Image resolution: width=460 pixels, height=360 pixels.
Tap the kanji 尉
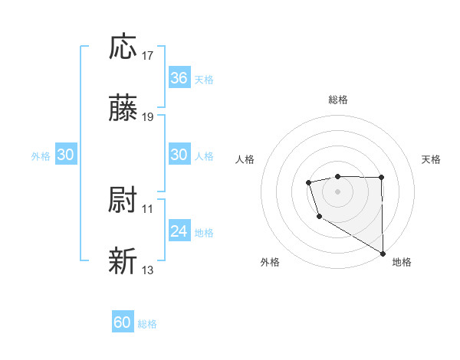(x=123, y=201)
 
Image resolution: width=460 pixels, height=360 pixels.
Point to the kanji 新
(x=123, y=261)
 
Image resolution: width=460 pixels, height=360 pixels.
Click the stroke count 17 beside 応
(x=148, y=56)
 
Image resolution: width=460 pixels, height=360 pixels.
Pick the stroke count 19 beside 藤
(x=148, y=117)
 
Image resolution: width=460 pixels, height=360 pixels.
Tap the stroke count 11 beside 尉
(x=148, y=208)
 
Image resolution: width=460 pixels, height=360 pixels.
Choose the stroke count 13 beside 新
(x=148, y=270)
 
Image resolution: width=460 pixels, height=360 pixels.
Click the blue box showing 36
(x=179, y=78)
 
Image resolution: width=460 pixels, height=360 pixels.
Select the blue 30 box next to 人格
(x=179, y=155)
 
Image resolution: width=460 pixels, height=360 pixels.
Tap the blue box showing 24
(x=179, y=231)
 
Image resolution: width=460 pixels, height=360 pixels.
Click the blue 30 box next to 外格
(x=66, y=155)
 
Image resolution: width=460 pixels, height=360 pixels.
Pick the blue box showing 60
(x=123, y=322)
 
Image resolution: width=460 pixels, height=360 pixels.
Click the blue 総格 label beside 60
(x=147, y=324)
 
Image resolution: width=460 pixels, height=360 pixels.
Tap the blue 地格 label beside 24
(x=204, y=232)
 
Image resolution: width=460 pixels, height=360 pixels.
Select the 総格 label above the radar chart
(x=338, y=100)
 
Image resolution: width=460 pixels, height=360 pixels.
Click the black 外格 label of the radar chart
(x=270, y=263)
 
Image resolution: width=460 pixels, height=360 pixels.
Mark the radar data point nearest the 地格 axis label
(x=383, y=254)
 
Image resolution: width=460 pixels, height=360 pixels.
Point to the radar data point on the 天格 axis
(x=382, y=178)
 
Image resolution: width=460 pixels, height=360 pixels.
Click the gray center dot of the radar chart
(x=337, y=190)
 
